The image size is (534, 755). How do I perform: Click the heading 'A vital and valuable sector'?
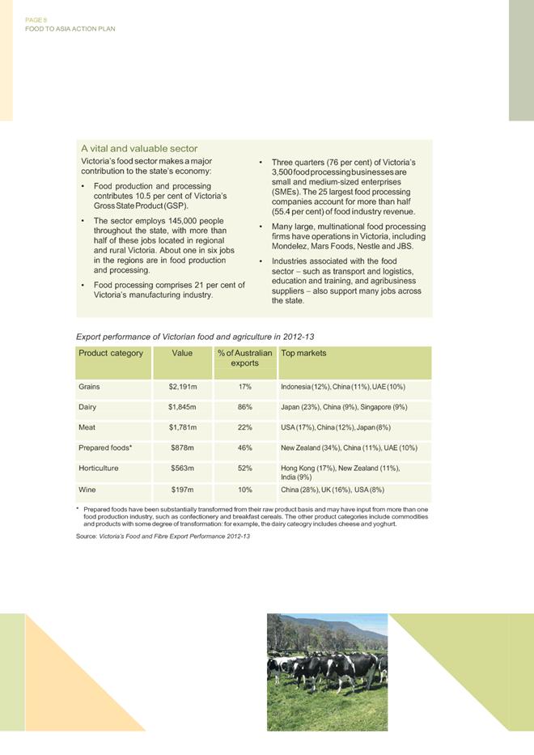(139, 149)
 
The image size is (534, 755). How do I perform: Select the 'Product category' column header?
(111, 354)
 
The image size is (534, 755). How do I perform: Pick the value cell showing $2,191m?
(183, 387)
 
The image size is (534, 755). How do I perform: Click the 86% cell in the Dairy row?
(246, 407)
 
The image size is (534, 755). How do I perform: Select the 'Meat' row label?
(87, 427)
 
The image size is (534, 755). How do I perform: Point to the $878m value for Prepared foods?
(183, 447)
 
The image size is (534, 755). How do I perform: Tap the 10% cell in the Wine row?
(246, 490)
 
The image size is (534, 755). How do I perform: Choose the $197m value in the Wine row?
(183, 490)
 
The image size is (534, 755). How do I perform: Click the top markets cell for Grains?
(348, 387)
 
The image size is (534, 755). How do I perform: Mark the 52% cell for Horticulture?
(246, 468)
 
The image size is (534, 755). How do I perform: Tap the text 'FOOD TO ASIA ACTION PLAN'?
(70, 28)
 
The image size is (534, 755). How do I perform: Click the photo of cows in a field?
(327, 672)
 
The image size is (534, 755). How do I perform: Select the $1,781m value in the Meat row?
(183, 427)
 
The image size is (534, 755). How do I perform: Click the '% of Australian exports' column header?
(246, 358)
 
